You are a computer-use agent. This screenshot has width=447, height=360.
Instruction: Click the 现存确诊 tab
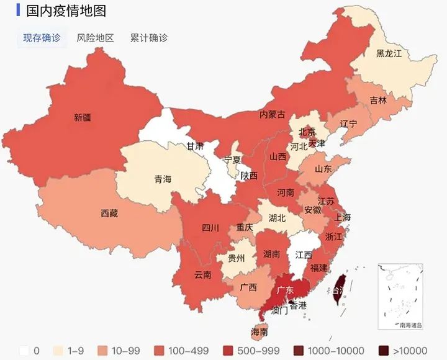(42, 38)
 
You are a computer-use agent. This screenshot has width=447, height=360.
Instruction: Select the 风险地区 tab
(95, 38)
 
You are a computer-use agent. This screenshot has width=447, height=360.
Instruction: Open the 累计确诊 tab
(148, 38)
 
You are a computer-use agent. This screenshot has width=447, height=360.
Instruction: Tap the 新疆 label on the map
(82, 117)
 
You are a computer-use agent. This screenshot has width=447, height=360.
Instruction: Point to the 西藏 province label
(109, 214)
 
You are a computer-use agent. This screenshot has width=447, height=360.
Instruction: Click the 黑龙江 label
(389, 53)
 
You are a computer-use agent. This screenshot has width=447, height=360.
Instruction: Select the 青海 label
(163, 179)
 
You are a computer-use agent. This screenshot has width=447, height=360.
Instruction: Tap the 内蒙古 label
(273, 114)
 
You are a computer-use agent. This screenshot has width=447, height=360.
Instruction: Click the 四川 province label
(210, 228)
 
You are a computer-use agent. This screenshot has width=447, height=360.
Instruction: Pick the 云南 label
(203, 274)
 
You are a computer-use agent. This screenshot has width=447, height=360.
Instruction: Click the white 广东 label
(285, 290)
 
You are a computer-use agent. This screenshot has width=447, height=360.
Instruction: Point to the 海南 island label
(260, 332)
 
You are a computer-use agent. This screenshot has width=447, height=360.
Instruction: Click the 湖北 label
(277, 218)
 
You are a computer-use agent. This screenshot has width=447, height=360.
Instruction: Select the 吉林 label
(377, 100)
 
